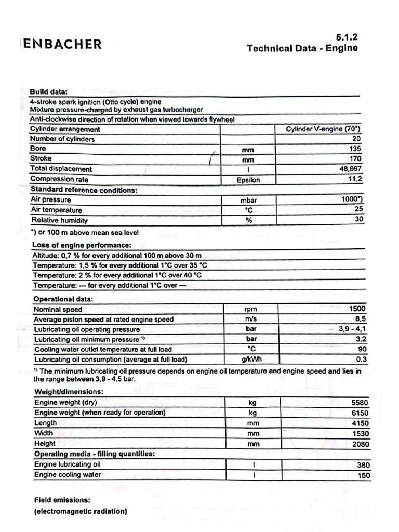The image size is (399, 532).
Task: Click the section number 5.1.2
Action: [x=347, y=37]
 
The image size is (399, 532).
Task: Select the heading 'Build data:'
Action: [x=48, y=92]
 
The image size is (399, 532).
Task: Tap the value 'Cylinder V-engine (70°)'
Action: [x=323, y=129]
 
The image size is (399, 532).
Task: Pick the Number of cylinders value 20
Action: [x=356, y=139]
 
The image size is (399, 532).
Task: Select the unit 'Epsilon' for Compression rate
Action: [x=248, y=180]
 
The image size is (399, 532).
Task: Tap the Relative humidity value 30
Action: [x=358, y=219]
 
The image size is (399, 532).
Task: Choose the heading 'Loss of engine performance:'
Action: [x=82, y=245]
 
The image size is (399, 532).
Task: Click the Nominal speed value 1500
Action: [x=357, y=309]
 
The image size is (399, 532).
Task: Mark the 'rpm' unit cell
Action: [x=251, y=309]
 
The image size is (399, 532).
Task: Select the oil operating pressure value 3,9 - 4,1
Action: [x=352, y=329]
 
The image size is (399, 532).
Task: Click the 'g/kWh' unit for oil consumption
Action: [x=251, y=359]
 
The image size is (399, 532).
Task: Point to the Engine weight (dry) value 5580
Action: [x=360, y=403]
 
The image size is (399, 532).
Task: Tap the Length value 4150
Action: [x=360, y=423]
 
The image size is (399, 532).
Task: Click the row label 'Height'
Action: [x=45, y=444]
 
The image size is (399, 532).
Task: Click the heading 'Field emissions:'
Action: [x=62, y=500]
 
